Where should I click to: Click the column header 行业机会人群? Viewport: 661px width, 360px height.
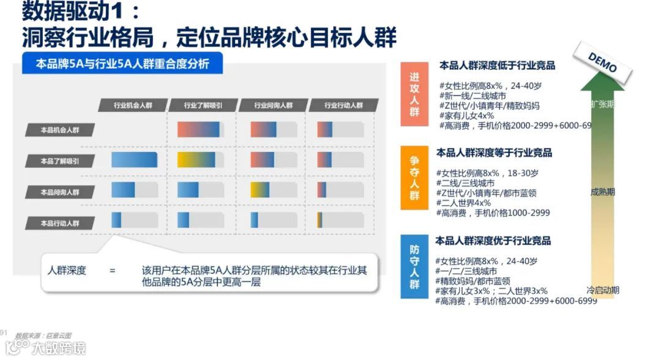(132, 105)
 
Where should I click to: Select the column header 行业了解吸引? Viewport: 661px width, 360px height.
(203, 105)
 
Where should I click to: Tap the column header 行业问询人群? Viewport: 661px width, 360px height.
(273, 105)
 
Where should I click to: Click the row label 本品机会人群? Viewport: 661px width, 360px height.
(59, 130)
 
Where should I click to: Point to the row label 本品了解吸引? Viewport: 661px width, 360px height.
(59, 161)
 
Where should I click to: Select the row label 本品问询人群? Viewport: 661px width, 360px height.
(59, 192)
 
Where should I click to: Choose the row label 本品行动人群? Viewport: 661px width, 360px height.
(59, 223)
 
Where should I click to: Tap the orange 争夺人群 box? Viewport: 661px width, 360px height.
(414, 178)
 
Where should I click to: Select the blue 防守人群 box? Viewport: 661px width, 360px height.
(414, 267)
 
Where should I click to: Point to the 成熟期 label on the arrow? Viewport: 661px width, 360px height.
(602, 192)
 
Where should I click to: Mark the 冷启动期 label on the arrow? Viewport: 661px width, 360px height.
(602, 290)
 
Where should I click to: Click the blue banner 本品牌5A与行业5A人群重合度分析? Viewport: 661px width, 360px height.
(123, 64)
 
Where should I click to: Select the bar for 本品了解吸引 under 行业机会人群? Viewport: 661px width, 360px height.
(135, 160)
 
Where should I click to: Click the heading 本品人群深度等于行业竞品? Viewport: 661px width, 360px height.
(494, 152)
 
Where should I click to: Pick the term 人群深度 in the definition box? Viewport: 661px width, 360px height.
(67, 271)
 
